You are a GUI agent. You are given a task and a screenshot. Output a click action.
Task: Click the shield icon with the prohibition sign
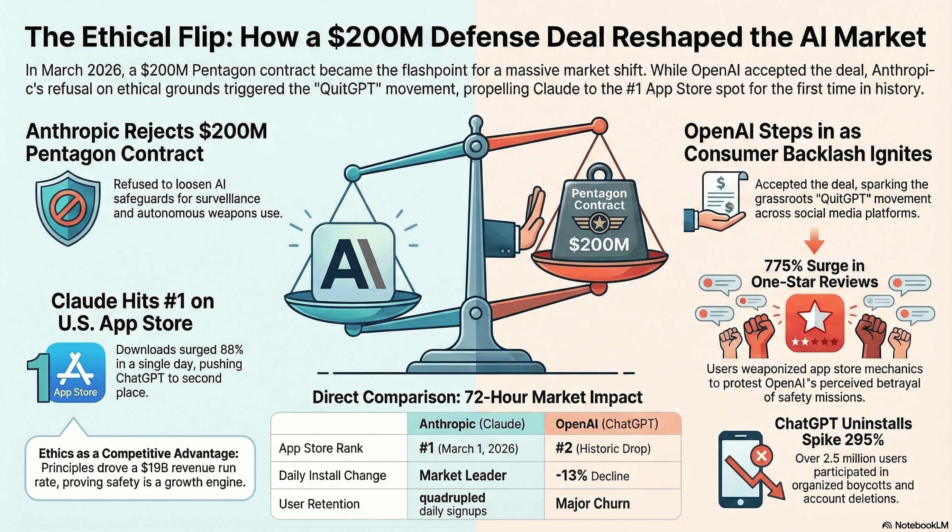[68, 208]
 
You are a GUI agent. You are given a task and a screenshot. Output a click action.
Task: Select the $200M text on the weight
[599, 245]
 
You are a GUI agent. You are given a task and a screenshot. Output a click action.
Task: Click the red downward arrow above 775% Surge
[814, 241]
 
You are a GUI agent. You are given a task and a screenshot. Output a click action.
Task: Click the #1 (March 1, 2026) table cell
[469, 449]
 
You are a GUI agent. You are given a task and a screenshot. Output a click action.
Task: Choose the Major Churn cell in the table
[593, 504]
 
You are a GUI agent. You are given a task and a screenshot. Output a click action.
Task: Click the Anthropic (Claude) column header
[472, 424]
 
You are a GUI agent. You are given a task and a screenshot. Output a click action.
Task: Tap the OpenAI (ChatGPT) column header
[607, 424]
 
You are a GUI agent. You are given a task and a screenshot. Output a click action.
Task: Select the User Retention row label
[319, 504]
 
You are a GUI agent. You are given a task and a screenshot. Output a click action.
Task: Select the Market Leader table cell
[463, 476]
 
